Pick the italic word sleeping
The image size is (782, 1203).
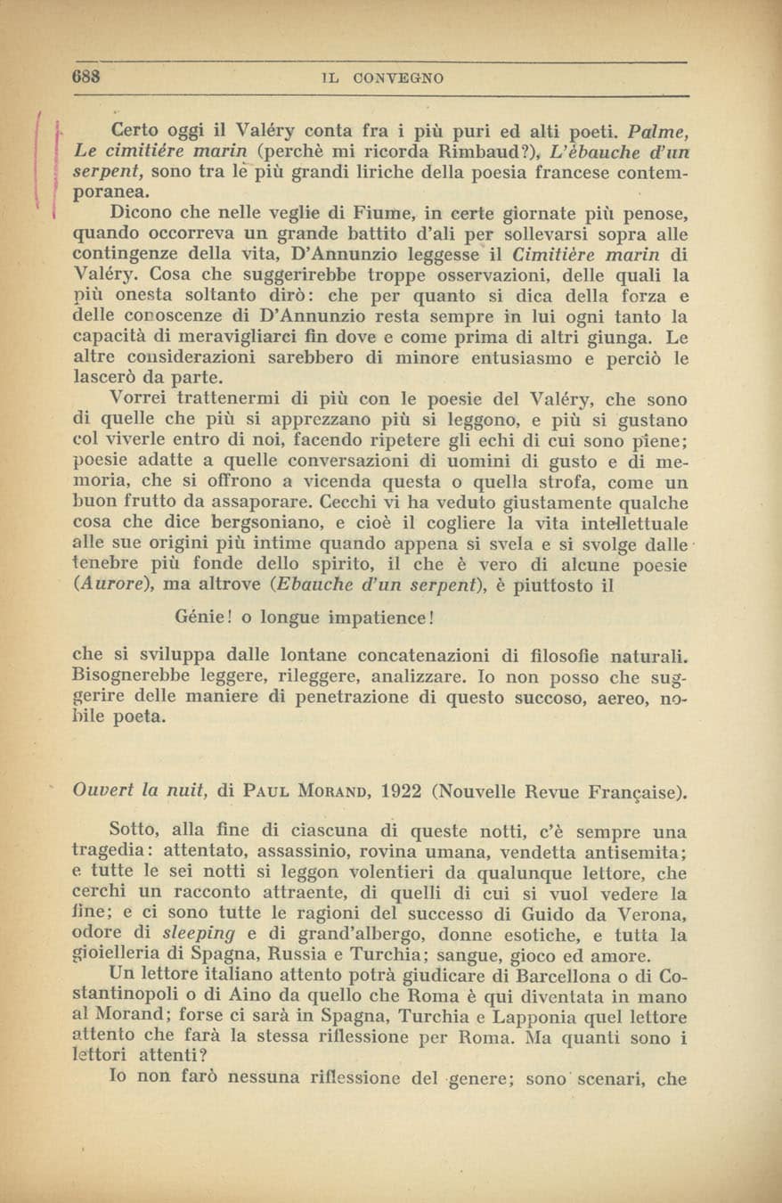[x=200, y=934]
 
